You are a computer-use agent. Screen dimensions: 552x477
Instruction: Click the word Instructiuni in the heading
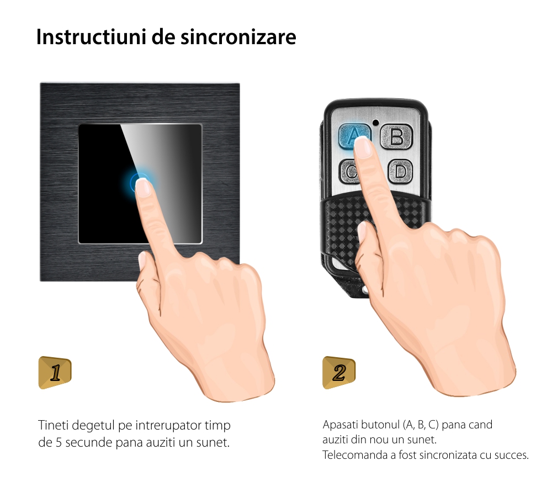(91, 37)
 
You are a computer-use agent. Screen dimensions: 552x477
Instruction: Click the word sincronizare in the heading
(238, 37)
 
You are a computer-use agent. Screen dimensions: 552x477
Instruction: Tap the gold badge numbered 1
(55, 373)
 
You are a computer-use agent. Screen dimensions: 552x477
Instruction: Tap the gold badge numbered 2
(339, 373)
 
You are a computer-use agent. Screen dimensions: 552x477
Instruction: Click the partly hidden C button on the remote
(348, 172)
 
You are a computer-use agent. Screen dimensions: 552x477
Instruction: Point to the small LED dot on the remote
(375, 123)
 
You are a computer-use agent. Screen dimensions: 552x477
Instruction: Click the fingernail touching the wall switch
(143, 187)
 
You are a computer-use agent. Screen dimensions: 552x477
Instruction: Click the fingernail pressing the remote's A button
(363, 147)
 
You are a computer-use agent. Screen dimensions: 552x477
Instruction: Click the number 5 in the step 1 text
(59, 443)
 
